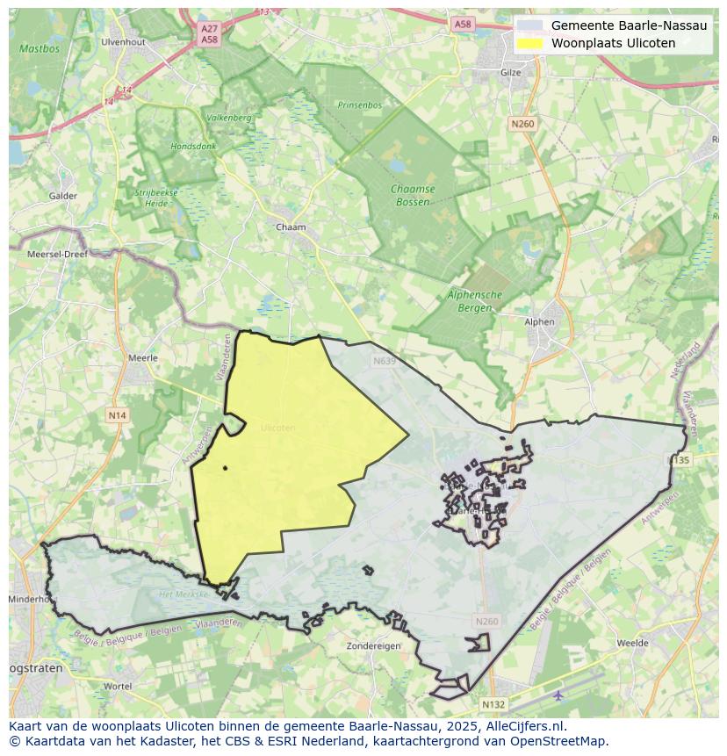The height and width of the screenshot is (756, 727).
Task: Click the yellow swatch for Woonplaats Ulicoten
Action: pyautogui.click(x=529, y=43)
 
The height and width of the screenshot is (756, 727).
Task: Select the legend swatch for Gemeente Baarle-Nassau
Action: pyautogui.click(x=529, y=25)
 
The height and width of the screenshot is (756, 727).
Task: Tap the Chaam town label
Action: pyautogui.click(x=291, y=227)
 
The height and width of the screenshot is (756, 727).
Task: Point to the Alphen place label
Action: pyautogui.click(x=539, y=321)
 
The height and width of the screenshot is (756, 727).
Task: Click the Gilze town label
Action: pyautogui.click(x=509, y=72)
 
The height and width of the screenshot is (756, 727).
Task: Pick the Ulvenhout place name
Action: pyautogui.click(x=122, y=41)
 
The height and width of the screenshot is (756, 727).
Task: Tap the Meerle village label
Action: pyautogui.click(x=143, y=358)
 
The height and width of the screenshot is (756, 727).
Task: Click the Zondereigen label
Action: pyautogui.click(x=373, y=645)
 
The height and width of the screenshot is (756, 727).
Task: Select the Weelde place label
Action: pyautogui.click(x=632, y=644)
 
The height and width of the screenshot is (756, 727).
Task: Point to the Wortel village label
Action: pyautogui.click(x=117, y=686)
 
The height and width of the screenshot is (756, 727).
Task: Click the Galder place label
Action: pyautogui.click(x=63, y=196)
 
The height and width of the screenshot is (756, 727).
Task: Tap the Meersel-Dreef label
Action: pyautogui.click(x=58, y=254)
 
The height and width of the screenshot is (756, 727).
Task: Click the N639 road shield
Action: pyautogui.click(x=384, y=360)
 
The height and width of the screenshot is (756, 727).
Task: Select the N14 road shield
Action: pyautogui.click(x=118, y=414)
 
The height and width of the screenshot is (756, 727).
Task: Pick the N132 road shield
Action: pyautogui.click(x=493, y=704)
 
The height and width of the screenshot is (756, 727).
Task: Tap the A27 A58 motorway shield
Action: pyautogui.click(x=209, y=34)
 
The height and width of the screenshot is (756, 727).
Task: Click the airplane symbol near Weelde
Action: pyautogui.click(x=559, y=695)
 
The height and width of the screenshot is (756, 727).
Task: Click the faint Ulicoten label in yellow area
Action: pyautogui.click(x=277, y=428)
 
